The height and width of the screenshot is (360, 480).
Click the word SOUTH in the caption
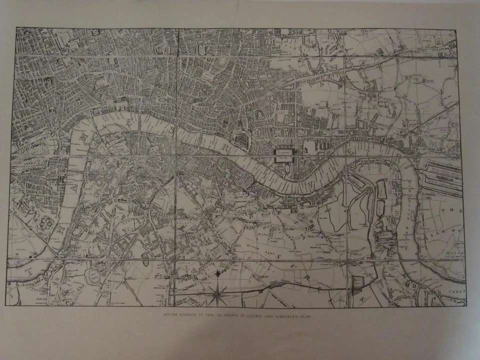pyautogui.click(x=174, y=315)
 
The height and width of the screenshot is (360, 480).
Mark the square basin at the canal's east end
pyautogui.click(x=358, y=284)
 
